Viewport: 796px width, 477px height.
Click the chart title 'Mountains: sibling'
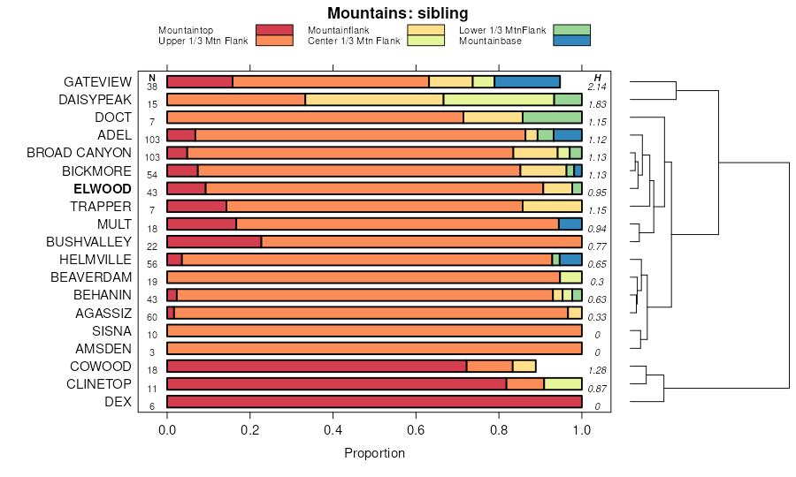pos(397,13)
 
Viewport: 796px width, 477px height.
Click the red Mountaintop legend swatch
pos(274,30)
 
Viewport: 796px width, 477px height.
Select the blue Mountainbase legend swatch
pos(571,41)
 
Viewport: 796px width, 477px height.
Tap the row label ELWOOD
pos(103,189)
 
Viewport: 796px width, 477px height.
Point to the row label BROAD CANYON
pos(79,153)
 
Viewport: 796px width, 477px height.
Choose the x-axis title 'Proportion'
pos(374,453)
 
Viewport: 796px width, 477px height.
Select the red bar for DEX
pos(374,402)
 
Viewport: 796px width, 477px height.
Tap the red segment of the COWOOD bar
pos(316,367)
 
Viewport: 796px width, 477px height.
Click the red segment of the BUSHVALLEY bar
pos(214,242)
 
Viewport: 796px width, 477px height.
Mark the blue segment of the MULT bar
pos(570,224)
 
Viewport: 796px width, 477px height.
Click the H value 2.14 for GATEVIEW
pos(597,87)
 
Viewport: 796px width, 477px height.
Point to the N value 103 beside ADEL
pos(151,140)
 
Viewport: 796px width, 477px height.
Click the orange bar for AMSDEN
pos(374,349)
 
